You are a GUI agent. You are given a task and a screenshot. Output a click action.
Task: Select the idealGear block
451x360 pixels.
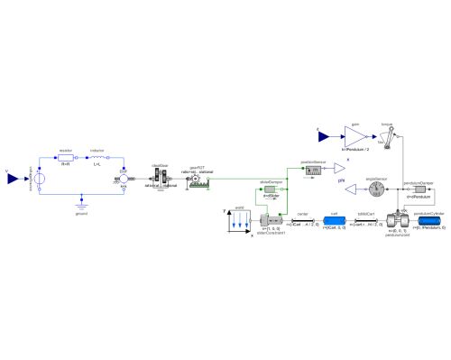159,179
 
